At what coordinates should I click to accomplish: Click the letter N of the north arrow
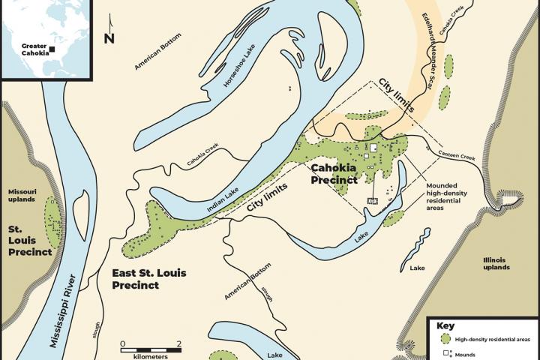(x=109, y=38)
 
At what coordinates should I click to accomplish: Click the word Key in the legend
(x=445, y=326)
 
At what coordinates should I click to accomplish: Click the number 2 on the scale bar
(x=178, y=343)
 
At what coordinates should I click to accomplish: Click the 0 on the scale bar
(x=122, y=343)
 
